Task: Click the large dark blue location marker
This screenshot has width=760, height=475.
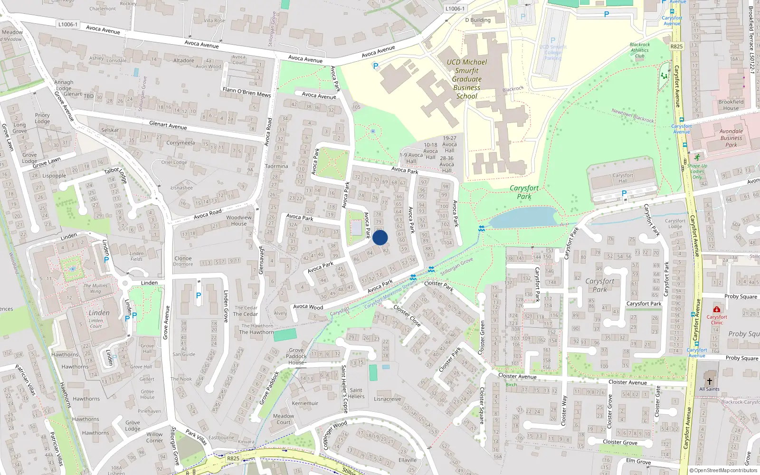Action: click(380, 237)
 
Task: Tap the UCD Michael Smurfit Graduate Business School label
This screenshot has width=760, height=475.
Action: click(466, 79)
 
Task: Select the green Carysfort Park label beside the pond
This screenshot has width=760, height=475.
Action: click(524, 192)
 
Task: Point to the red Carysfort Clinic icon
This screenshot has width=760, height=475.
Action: click(716, 309)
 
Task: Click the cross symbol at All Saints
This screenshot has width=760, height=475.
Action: click(709, 381)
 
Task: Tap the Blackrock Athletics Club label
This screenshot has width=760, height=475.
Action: click(640, 50)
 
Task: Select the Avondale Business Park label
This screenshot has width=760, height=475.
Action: click(731, 138)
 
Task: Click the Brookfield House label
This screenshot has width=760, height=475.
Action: click(731, 104)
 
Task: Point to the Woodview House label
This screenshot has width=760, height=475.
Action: click(239, 220)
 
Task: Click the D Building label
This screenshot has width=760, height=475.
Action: click(478, 20)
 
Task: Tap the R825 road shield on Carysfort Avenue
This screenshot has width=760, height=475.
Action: click(676, 47)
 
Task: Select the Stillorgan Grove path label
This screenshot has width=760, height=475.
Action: click(456, 267)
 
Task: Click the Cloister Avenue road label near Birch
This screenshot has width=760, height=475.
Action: click(517, 376)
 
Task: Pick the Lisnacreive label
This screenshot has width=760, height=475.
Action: click(387, 399)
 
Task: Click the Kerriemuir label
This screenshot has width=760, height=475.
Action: click(305, 403)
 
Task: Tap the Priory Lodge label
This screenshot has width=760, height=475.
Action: click(42, 118)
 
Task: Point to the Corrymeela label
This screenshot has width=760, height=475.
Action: click(180, 142)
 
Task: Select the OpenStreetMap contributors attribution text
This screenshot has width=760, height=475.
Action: click(723, 470)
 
